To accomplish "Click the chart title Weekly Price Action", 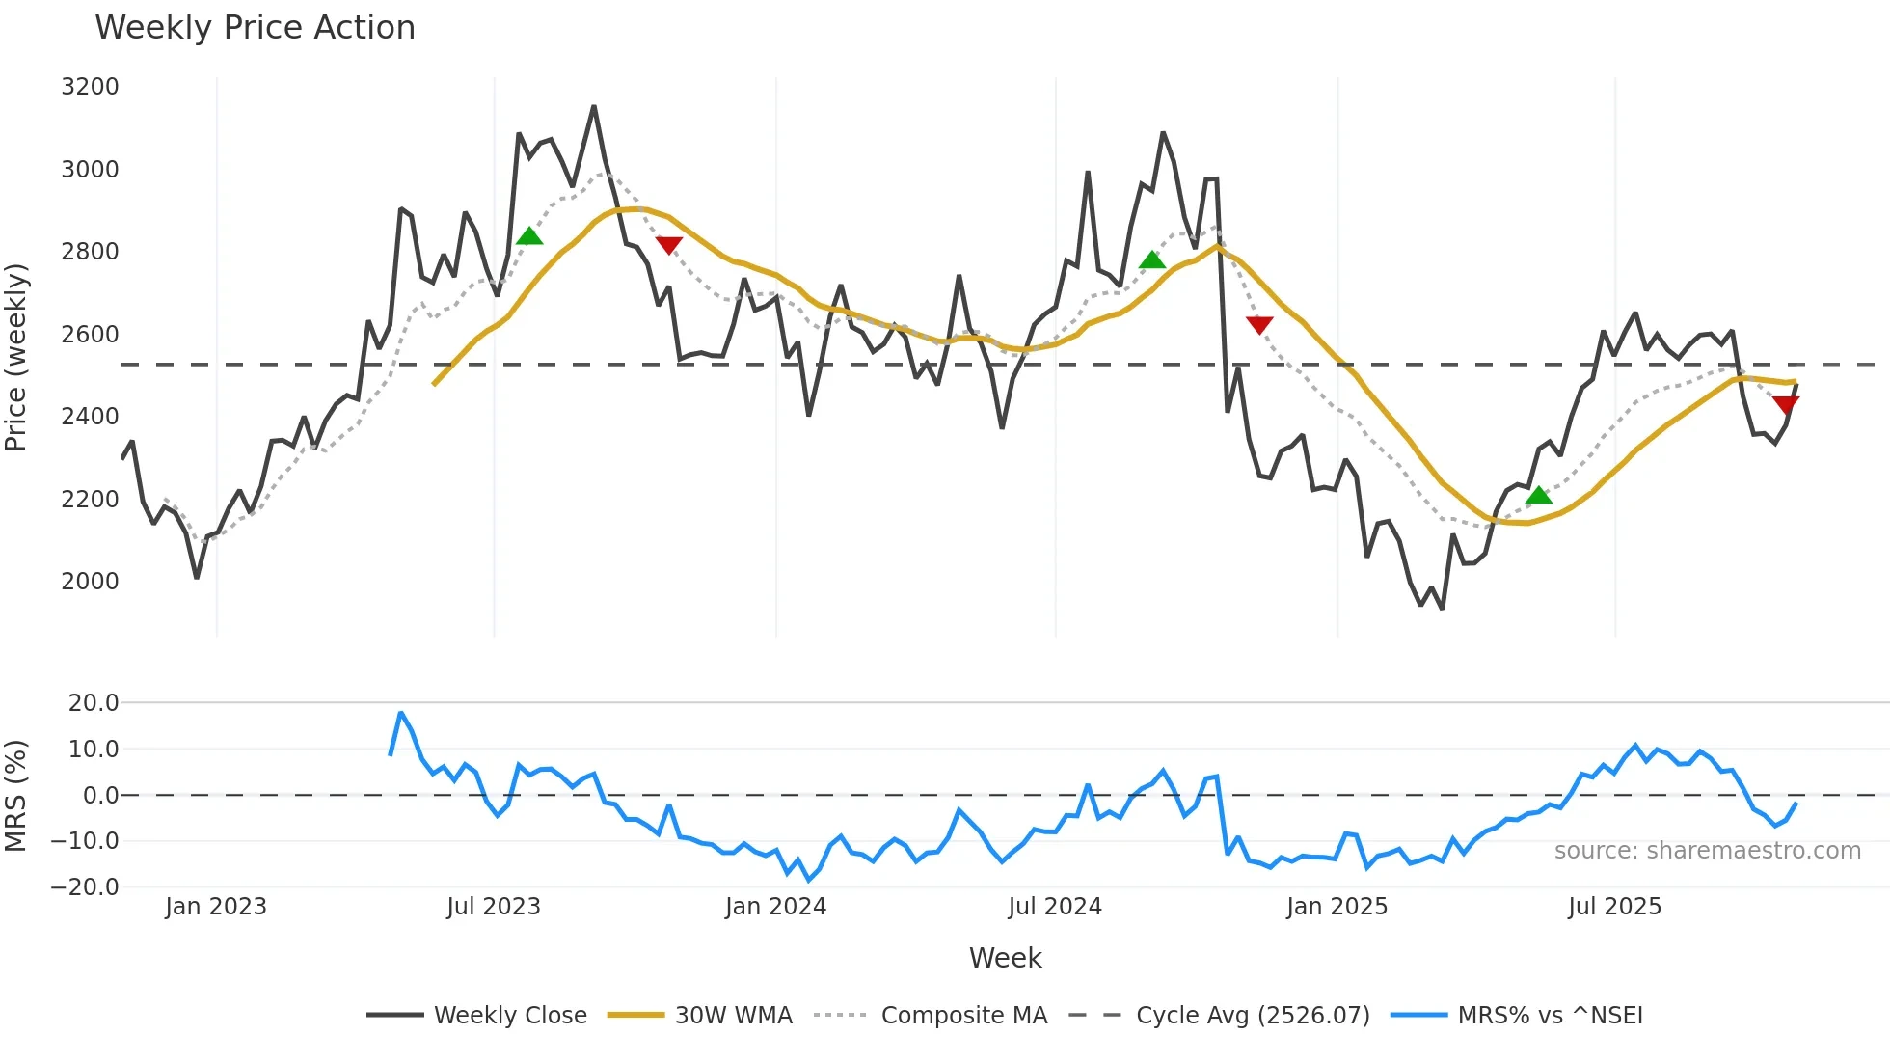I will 255,28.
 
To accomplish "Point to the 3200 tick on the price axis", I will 90,87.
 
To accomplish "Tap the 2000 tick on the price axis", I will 90,582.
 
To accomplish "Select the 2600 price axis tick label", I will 90,335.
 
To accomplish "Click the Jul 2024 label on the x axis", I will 1055,907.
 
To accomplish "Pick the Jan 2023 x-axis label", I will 216,907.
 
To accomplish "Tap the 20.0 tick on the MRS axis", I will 94,703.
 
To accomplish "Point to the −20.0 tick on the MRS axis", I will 86,887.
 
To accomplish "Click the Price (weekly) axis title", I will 16,357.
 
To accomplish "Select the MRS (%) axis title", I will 16,796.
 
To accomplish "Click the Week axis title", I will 1005,958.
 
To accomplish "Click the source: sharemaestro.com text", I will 1707,851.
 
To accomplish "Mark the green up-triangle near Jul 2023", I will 529,236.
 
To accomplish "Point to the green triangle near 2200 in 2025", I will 1539,496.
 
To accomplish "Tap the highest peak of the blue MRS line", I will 401,713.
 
